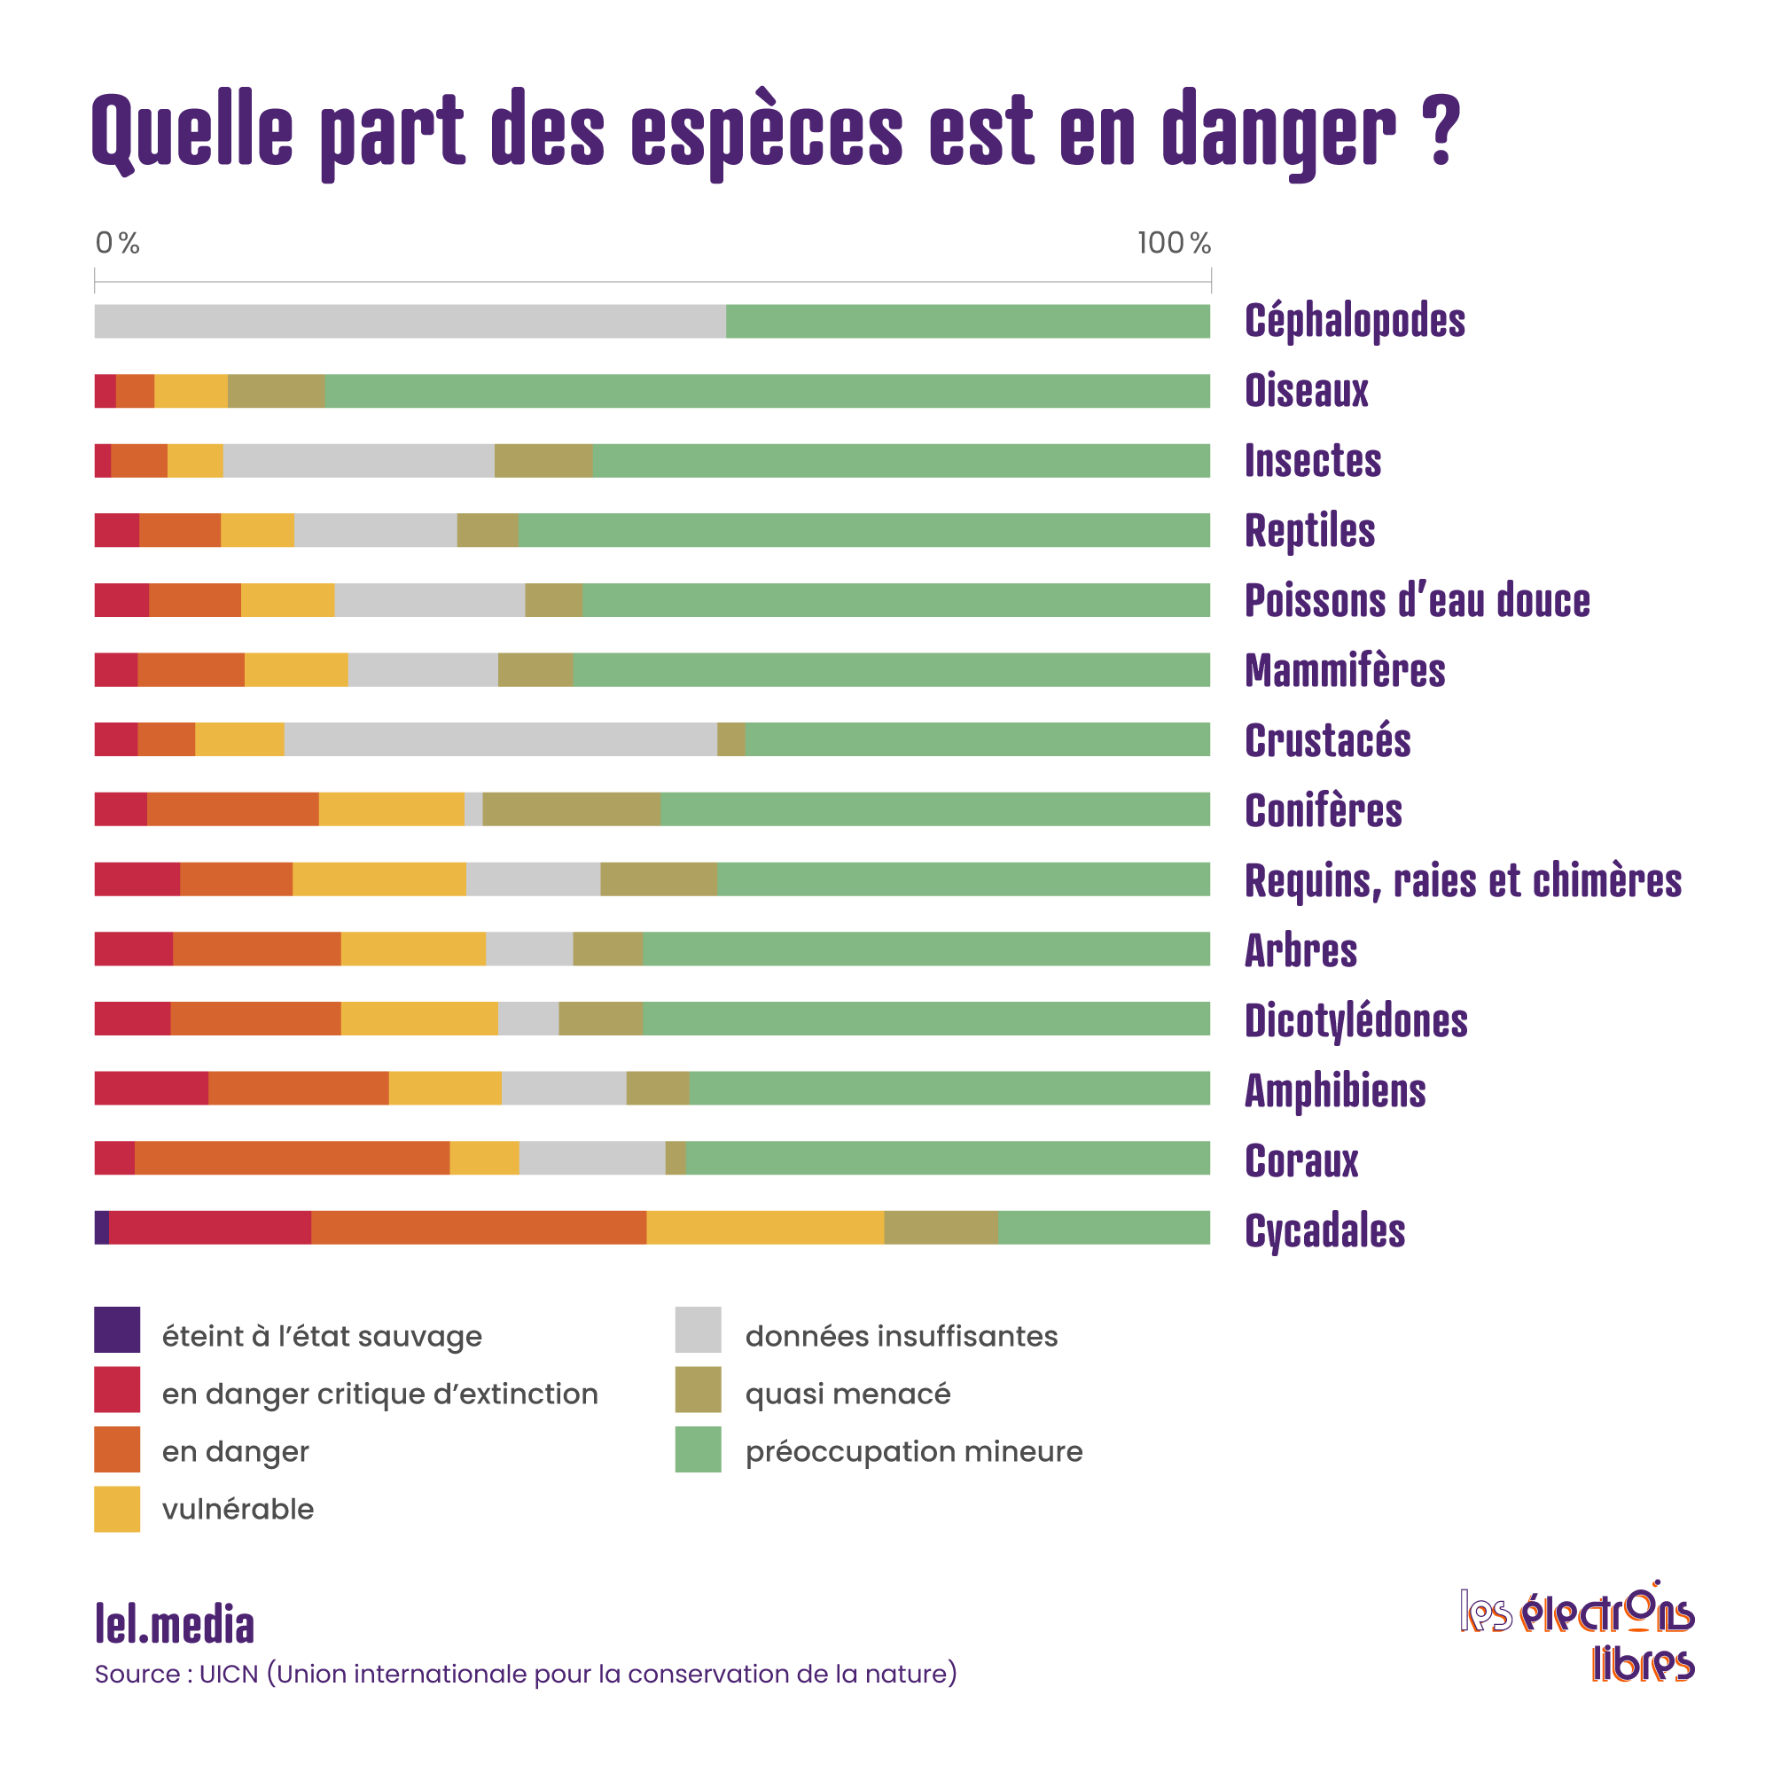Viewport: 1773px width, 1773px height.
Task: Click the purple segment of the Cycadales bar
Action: point(102,1228)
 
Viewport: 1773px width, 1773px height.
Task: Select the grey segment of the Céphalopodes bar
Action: point(410,321)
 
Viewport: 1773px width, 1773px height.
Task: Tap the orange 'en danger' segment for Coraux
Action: point(292,1158)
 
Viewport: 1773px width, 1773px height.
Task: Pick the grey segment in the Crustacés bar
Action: point(500,739)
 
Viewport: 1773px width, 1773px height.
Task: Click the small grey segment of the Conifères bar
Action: point(473,809)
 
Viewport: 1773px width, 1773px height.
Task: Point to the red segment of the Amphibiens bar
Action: point(152,1089)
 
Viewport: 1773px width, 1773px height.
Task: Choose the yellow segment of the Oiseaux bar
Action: point(191,391)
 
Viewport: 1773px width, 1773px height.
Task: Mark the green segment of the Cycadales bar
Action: point(1103,1228)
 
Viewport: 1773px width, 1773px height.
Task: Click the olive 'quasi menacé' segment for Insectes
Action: point(543,461)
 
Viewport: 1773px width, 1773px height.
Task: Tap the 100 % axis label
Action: point(1174,243)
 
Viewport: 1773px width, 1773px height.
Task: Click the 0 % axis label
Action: point(118,243)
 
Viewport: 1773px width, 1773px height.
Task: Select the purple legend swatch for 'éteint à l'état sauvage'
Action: point(118,1330)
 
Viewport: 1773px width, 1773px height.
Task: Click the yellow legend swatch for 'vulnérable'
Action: point(118,1510)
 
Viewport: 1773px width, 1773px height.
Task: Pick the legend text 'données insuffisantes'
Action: point(902,1336)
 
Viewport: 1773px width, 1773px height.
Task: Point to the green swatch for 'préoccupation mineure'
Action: point(699,1450)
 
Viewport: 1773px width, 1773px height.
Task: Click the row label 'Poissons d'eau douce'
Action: point(1417,601)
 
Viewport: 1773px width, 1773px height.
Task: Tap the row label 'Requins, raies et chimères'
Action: point(1463,881)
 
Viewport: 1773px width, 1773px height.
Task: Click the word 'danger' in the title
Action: point(1278,133)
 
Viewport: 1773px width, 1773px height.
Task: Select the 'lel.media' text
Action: point(175,1624)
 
